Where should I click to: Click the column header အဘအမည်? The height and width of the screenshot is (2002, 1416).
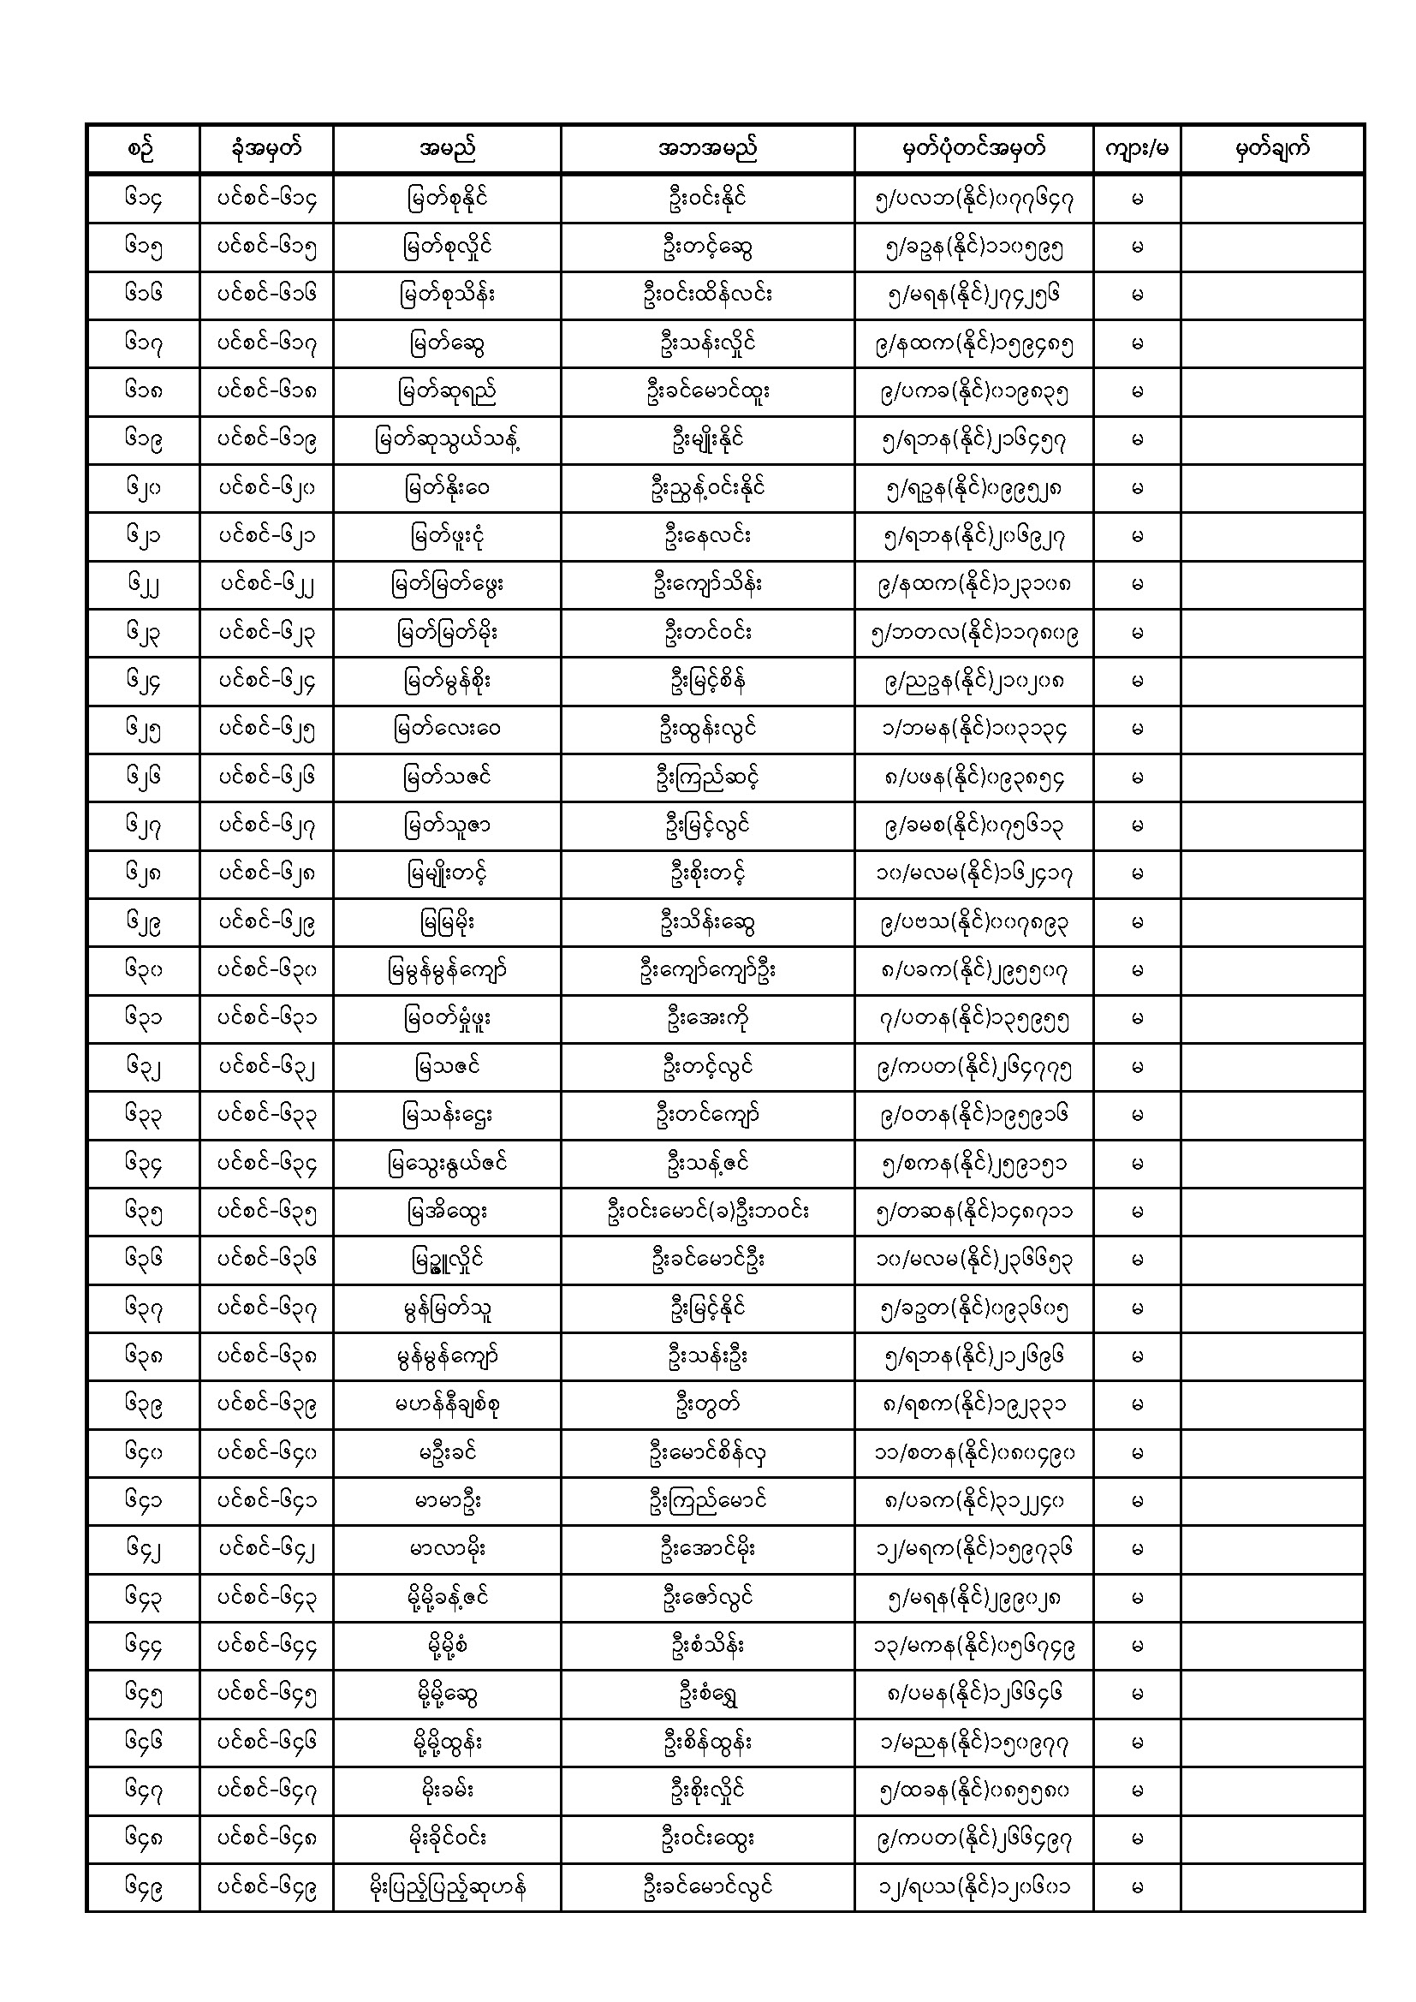pyautogui.click(x=707, y=149)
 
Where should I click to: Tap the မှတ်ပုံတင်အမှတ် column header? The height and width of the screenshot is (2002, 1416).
pyautogui.click(x=973, y=149)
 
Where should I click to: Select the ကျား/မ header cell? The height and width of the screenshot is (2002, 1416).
pyautogui.click(x=1136, y=149)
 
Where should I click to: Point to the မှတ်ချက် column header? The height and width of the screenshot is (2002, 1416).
pyautogui.click(x=1271, y=149)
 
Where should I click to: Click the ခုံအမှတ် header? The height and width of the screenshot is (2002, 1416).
pyautogui.click(x=266, y=149)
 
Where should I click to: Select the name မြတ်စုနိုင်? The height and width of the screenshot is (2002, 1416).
pyautogui.click(x=446, y=199)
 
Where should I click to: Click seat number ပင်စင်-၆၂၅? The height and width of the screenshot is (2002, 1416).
pyautogui.click(x=266, y=729)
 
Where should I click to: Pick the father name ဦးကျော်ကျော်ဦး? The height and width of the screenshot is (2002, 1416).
pyautogui.click(x=707, y=970)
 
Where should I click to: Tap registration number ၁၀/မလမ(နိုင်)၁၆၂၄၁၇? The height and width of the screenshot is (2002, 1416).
pyautogui.click(x=973, y=873)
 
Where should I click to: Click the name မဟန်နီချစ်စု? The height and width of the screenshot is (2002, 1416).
pyautogui.click(x=446, y=1404)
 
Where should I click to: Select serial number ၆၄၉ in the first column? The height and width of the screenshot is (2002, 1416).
pyautogui.click(x=143, y=1887)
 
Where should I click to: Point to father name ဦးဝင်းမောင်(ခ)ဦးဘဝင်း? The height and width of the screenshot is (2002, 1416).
pyautogui.click(x=707, y=1211)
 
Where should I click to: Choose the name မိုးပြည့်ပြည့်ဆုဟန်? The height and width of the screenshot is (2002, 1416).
pyautogui.click(x=446, y=1887)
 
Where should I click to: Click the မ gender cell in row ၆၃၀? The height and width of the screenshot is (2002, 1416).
pyautogui.click(x=1136, y=970)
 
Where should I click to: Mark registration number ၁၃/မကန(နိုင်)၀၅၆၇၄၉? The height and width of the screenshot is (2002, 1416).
pyautogui.click(x=973, y=1647)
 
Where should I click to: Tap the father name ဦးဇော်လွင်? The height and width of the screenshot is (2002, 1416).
pyautogui.click(x=707, y=1598)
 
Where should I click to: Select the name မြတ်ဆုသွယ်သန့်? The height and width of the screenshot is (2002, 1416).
pyautogui.click(x=446, y=439)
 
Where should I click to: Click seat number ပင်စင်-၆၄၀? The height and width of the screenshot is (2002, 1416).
pyautogui.click(x=266, y=1452)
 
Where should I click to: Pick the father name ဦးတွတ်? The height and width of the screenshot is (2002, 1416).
pyautogui.click(x=707, y=1404)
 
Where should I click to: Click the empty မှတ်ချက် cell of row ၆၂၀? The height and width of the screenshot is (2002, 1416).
pyautogui.click(x=1271, y=488)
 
